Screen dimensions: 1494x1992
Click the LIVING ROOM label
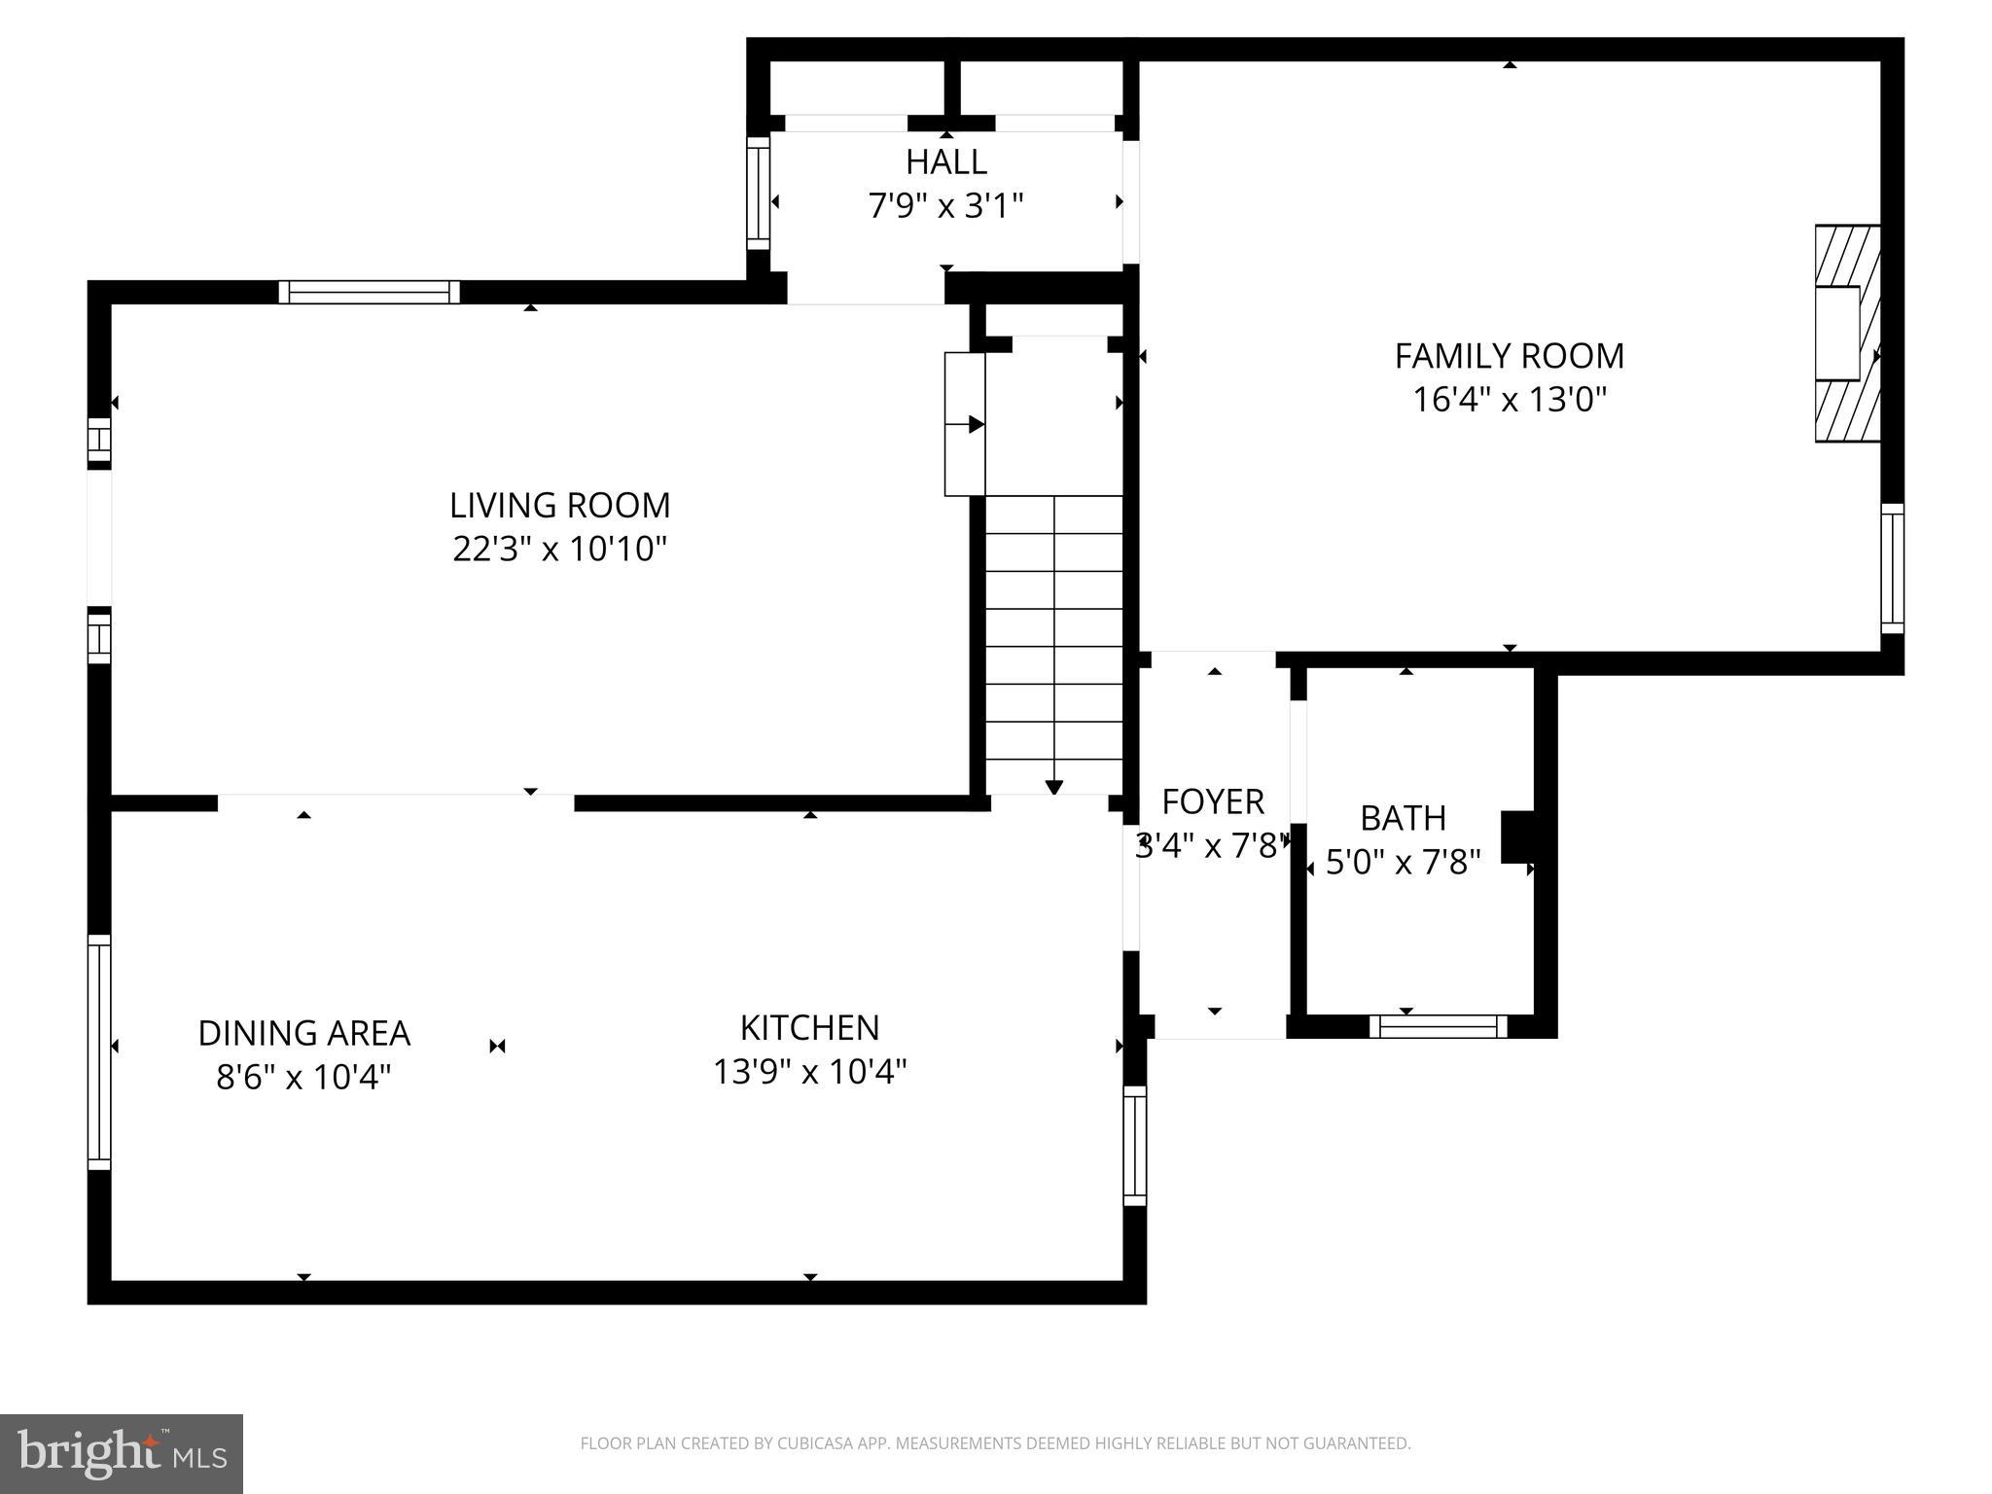coord(559,506)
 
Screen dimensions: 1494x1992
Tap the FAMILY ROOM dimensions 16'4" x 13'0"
coord(1509,400)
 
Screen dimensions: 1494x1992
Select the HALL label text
coord(945,161)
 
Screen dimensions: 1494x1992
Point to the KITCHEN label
coord(809,1028)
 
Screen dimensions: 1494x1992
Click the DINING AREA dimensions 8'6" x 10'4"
coord(303,1078)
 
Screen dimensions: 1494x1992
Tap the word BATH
coord(1403,819)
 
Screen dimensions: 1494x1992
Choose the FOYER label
coord(1213,802)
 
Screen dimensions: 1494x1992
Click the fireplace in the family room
coord(1846,334)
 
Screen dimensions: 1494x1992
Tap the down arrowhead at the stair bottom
coord(1054,787)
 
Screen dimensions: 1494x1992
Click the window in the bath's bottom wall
coord(1438,1026)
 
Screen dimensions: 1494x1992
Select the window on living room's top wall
coord(370,292)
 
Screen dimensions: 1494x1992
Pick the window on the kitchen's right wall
coord(1135,1146)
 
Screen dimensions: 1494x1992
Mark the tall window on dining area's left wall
coord(99,1051)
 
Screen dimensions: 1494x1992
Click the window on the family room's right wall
coord(1892,569)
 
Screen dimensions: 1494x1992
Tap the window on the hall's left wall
coord(758,193)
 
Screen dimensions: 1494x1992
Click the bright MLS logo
coord(122,1454)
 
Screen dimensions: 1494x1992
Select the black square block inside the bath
coord(1517,836)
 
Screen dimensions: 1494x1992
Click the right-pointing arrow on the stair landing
coord(976,424)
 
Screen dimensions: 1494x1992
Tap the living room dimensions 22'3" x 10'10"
coord(559,550)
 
